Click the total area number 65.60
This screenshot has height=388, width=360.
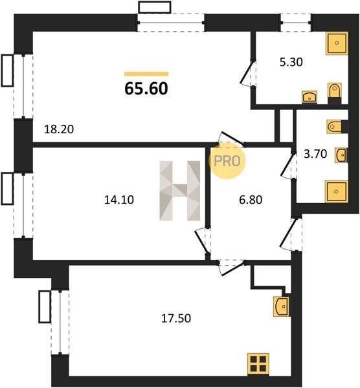coord(146,89)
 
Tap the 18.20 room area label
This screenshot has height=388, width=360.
coord(59,129)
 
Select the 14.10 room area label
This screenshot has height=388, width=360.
coord(119,200)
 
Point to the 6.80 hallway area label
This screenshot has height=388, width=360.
coord(251,200)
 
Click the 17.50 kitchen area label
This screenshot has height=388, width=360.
coord(176,318)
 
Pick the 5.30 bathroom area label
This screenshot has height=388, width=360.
coord(291,62)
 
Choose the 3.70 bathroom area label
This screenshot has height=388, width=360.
coord(315,154)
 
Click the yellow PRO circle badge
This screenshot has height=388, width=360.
coord(227,161)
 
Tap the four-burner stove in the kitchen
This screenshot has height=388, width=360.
coord(258,363)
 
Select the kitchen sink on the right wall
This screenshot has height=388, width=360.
coord(281,307)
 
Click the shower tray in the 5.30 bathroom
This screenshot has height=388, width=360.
coord(337,43)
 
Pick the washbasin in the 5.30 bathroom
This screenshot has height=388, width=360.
coord(309,97)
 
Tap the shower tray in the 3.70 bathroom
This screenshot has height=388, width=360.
coord(337,191)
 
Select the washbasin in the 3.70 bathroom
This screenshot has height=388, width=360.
coord(341,155)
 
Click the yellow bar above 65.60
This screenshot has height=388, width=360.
coord(146,74)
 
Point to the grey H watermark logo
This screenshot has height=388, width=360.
coord(179,191)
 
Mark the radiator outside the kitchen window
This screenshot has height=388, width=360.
coord(45,307)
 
